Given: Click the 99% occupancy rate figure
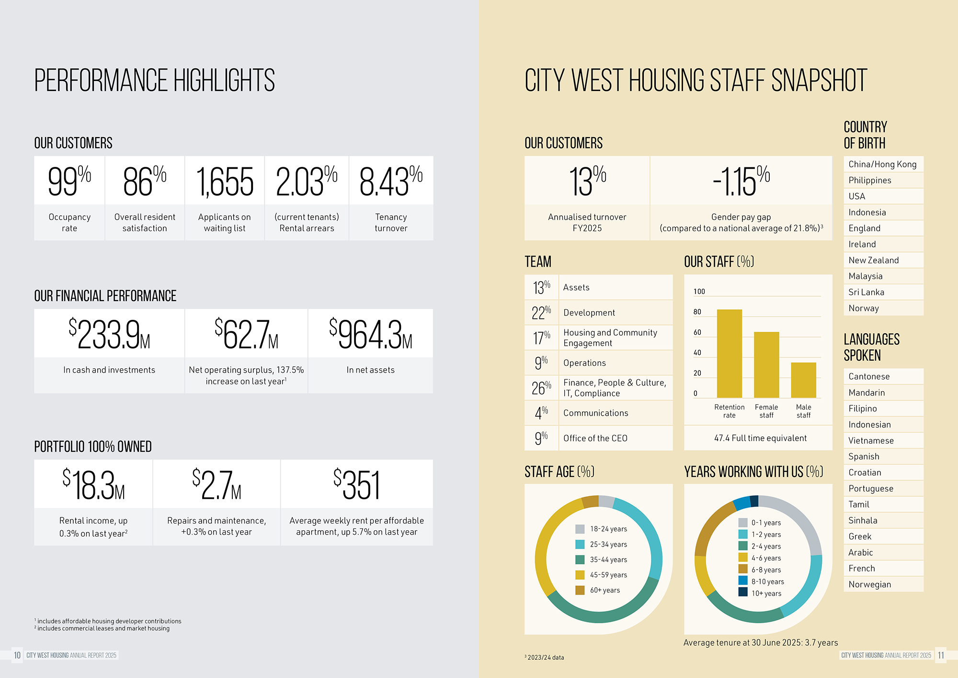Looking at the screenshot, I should pos(69,181).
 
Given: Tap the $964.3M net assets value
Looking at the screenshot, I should pos(370,334).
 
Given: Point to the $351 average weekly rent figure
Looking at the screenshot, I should pos(357,485).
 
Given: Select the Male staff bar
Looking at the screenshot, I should pos(803,380).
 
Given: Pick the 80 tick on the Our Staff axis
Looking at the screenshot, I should pos(697,312).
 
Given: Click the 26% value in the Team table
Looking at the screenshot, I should pos(541,387).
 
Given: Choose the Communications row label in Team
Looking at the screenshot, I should pos(595,413).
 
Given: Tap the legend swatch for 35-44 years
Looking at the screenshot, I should pos(580,560).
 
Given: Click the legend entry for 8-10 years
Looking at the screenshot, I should pos(767,582).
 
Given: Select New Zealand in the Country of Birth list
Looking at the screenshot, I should pos(873,260).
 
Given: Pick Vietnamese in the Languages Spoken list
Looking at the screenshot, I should pos(870,441).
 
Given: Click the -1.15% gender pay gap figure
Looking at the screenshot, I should pos(741,181).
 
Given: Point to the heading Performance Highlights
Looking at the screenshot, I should pos(154,80).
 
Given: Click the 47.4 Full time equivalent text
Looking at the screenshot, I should pos(760,438).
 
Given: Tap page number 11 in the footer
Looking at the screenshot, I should pos(941,655).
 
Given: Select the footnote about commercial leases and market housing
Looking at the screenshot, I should pos(103,629).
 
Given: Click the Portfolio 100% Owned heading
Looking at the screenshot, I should pos(93,446).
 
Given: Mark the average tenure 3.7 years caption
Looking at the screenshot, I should pos(760,643).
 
